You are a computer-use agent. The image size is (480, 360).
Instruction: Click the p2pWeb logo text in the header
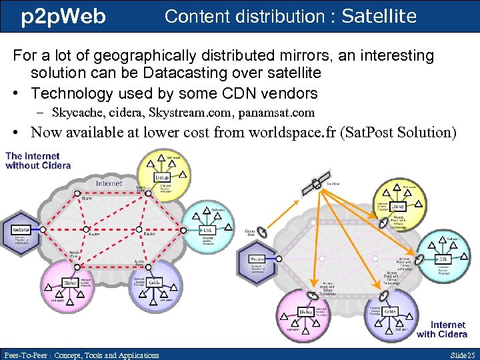[x=63, y=16]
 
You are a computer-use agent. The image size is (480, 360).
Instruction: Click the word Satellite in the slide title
[x=379, y=16]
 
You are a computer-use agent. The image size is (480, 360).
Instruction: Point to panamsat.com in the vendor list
[x=275, y=113]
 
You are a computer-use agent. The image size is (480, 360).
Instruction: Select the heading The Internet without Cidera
[x=38, y=161]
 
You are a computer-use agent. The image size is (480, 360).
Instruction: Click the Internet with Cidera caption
[x=441, y=329]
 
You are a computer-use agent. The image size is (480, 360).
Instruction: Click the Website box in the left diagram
[x=21, y=229]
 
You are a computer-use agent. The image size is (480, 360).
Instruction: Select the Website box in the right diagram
[x=257, y=259]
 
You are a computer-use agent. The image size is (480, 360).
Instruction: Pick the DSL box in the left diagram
[x=207, y=229]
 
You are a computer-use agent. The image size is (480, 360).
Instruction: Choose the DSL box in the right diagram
[x=442, y=259]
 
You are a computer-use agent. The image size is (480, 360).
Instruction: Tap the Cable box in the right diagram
[x=390, y=311]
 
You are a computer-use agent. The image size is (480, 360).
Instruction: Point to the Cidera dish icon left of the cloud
[x=261, y=231]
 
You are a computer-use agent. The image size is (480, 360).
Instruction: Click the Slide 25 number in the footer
[x=462, y=355]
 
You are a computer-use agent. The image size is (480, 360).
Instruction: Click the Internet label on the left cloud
[x=109, y=183]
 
